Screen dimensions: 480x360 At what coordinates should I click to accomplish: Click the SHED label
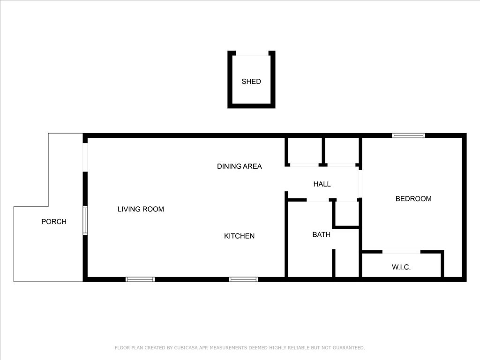[x=251, y=82]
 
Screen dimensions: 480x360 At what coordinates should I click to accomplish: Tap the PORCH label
[x=54, y=222]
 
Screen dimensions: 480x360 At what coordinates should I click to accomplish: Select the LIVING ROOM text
[x=141, y=209]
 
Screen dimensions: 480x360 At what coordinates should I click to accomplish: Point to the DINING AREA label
[x=240, y=166]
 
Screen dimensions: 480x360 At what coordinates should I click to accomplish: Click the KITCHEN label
[x=240, y=236]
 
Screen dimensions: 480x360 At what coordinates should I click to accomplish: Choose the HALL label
[x=322, y=184]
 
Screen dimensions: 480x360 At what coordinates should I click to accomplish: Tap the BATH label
[x=322, y=234]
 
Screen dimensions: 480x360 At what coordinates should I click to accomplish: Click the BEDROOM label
[x=413, y=199]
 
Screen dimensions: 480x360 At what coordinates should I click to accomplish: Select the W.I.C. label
[x=401, y=267]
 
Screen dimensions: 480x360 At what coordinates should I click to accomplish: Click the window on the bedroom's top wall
[x=408, y=135]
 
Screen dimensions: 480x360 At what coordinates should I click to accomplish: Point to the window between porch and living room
[x=85, y=221]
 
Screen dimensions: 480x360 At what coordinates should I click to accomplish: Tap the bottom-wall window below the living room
[x=140, y=279]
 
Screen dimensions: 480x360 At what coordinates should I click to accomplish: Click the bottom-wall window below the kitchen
[x=243, y=279]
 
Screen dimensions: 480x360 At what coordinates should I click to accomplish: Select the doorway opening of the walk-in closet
[x=401, y=252]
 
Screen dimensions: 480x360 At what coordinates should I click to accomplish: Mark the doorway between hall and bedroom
[x=360, y=184]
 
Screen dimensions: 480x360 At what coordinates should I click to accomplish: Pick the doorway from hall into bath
[x=318, y=200]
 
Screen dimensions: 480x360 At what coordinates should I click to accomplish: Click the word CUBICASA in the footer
[x=187, y=348]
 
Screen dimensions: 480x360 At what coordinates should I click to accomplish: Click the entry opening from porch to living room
[x=85, y=157]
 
